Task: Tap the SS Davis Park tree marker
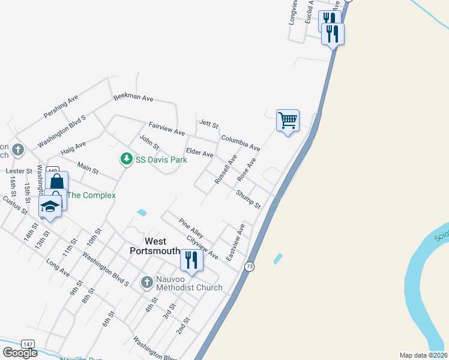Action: [x=126, y=159]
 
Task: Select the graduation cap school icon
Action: [x=50, y=207]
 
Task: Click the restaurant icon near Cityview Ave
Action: [x=191, y=260]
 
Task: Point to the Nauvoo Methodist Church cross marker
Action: [x=147, y=282]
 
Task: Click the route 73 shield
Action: [x=250, y=266]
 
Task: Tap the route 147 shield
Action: [x=28, y=344]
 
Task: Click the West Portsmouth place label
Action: [x=155, y=246]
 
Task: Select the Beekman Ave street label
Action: [x=133, y=98]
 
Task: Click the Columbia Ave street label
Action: [x=240, y=143]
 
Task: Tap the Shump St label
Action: [x=248, y=199]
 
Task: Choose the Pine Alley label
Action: [x=191, y=227]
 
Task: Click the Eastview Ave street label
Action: [x=236, y=242]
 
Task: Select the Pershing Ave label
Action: [x=61, y=106]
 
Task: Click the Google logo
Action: [x=20, y=352]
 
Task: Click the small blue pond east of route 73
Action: [x=277, y=259]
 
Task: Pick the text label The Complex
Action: [x=91, y=195]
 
